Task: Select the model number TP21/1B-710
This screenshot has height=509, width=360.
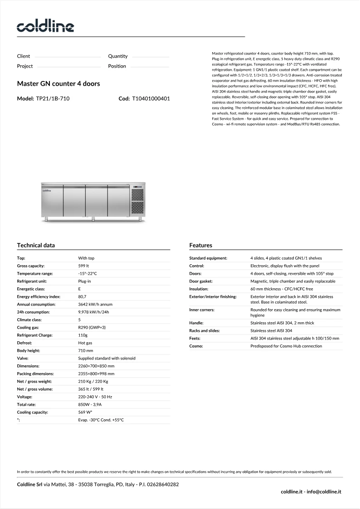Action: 53,98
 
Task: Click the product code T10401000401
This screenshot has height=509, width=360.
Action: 151,98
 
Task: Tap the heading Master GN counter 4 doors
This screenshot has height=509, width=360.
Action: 58,84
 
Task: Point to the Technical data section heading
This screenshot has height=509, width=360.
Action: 36,245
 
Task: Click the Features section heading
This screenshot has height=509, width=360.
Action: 200,245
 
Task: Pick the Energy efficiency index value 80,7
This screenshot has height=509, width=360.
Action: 83,297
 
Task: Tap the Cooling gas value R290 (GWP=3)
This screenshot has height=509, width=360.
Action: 92,327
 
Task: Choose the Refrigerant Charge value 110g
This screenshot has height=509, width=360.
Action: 83,335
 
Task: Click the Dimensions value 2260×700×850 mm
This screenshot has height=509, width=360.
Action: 96,366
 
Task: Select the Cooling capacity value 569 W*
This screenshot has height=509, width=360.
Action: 85,412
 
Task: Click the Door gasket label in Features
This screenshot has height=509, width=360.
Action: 201,281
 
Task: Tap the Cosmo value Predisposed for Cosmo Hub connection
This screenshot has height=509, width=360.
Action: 286,346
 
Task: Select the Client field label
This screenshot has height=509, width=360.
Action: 24,56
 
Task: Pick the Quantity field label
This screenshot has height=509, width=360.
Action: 118,56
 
